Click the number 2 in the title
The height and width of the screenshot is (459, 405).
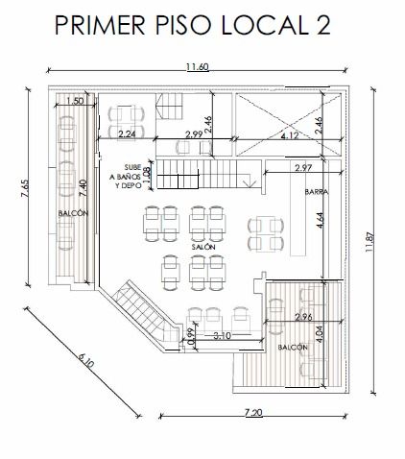[321, 25]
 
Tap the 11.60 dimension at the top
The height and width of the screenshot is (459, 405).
[198, 67]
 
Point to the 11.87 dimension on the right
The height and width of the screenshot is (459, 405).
[369, 241]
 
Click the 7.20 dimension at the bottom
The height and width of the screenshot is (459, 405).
[253, 413]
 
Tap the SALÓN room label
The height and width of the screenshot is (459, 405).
[203, 247]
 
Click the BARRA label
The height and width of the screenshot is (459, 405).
[317, 192]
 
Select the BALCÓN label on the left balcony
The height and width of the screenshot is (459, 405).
[73, 213]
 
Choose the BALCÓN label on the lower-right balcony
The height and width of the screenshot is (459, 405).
[293, 348]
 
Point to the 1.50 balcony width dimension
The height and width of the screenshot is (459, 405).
[75, 101]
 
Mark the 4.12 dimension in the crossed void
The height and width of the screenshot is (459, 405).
[290, 135]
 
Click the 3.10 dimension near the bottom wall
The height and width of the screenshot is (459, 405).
[222, 336]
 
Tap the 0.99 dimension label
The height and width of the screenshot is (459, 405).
[191, 337]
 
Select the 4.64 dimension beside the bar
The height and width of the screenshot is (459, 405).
[320, 220]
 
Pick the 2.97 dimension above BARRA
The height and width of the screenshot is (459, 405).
[303, 168]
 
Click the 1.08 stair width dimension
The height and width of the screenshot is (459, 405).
[147, 175]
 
